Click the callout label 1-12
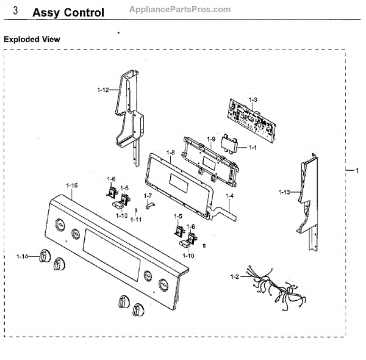click(102, 90)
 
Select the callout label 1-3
click(253, 99)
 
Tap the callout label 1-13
click(284, 192)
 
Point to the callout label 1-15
click(72, 185)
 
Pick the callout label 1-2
click(234, 278)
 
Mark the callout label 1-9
click(211, 140)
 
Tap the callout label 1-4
click(229, 196)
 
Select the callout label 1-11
click(135, 219)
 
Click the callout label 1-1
click(252, 148)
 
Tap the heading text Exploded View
click(32, 39)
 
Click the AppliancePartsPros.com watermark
click(181, 9)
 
